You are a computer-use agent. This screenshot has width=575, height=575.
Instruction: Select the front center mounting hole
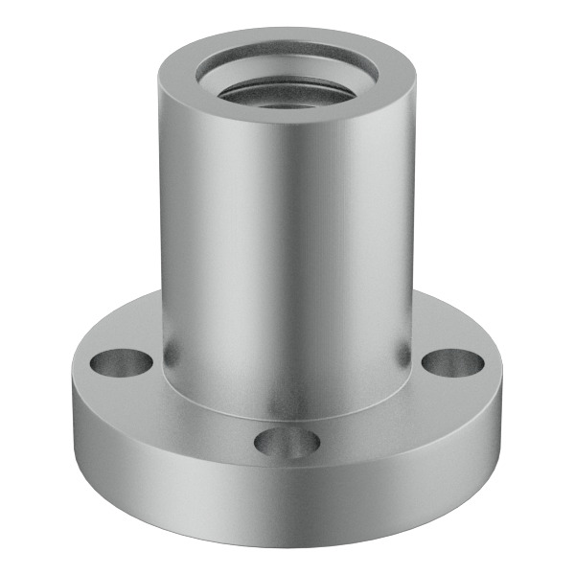click(287, 442)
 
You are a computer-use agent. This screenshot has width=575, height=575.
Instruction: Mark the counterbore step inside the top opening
click(287, 69)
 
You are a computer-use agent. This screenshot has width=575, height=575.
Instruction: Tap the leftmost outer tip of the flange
click(69, 383)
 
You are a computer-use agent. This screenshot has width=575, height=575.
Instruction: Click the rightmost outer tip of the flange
click(506, 383)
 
